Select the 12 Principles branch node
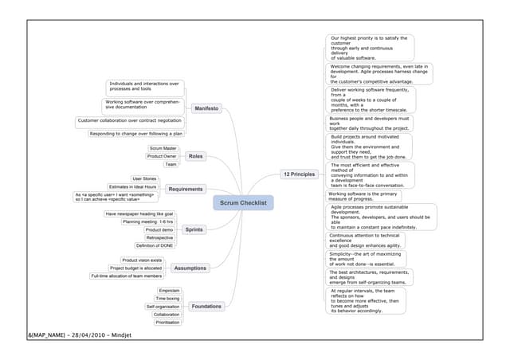coord(299,174)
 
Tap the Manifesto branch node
coord(206,108)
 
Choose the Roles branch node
coord(196,156)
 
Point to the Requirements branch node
coord(186,189)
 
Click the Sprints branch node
coord(194,229)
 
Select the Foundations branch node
coord(207,306)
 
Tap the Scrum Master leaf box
coord(163,148)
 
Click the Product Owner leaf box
coord(162,156)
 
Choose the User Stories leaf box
coord(144,178)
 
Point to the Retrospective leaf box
coord(160,237)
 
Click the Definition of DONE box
coord(156,246)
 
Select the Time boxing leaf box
coord(167,298)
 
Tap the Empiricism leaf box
coord(169,291)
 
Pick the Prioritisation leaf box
coord(167,323)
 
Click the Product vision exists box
coord(142,260)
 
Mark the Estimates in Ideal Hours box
coord(133,186)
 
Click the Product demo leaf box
coord(159,229)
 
